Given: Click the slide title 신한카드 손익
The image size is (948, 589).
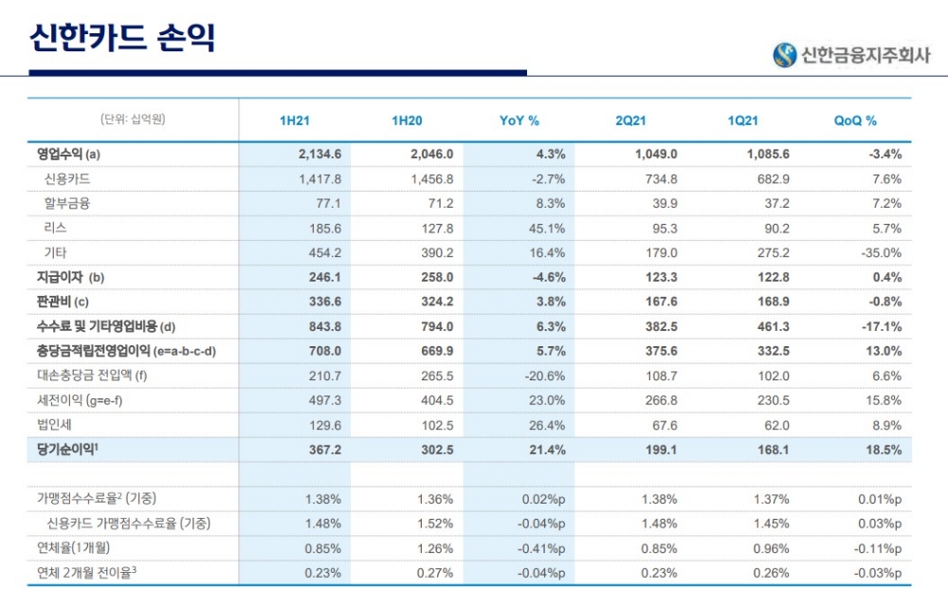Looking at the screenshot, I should point(123,37).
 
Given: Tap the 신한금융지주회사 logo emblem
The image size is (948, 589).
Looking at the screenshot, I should point(785,55).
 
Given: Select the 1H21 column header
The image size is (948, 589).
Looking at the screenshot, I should point(295,121).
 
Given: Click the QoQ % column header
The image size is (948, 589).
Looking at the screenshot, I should point(855,121).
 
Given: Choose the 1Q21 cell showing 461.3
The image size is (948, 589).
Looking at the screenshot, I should point(769,327).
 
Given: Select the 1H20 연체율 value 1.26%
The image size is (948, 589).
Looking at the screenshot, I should point(435,548).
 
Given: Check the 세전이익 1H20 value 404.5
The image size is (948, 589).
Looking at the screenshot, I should point(433,400).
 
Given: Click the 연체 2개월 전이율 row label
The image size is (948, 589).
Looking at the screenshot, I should point(89,572).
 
